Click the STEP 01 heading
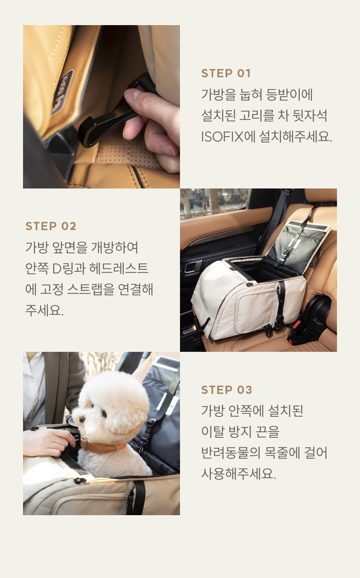pos(226,73)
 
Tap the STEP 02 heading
pos(51,226)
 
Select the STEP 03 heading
pos(227,390)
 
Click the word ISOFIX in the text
pos(222,137)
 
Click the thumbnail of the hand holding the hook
pos(101,106)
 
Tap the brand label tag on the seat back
pos(62,93)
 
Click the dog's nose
pos(82,419)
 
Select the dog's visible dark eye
pos(104,413)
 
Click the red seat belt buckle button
pos(297,325)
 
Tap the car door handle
pos(191,268)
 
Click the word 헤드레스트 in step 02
pos(119,268)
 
